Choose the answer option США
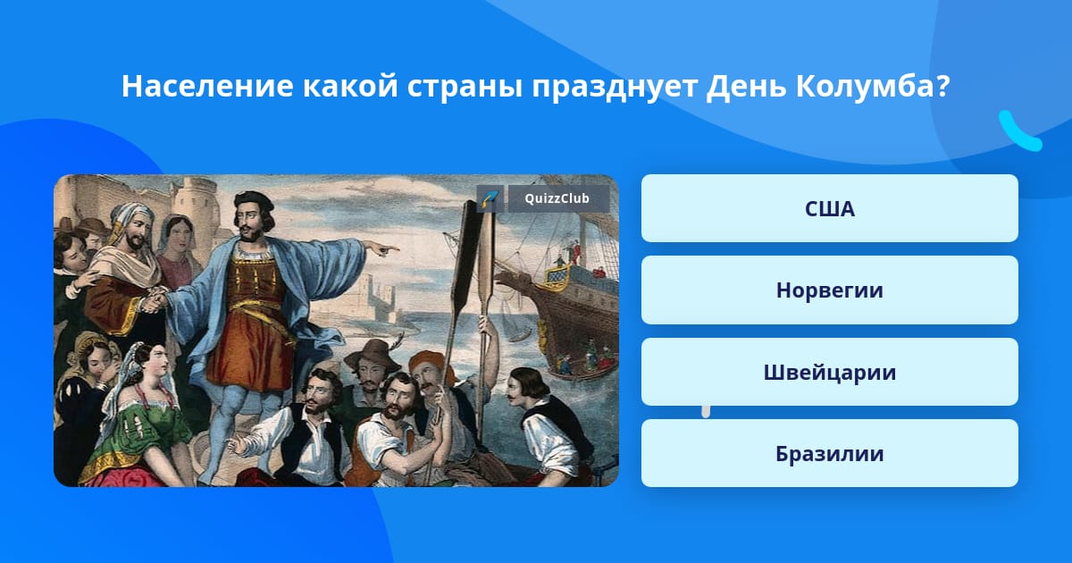829,208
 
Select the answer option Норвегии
829,290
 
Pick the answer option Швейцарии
829,372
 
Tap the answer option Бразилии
829,453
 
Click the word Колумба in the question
873,86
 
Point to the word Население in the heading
207,86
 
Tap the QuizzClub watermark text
557,198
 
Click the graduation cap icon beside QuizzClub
490,198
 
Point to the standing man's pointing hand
382,248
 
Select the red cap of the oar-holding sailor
426,361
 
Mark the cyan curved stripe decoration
1020,131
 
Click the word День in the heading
746,86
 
